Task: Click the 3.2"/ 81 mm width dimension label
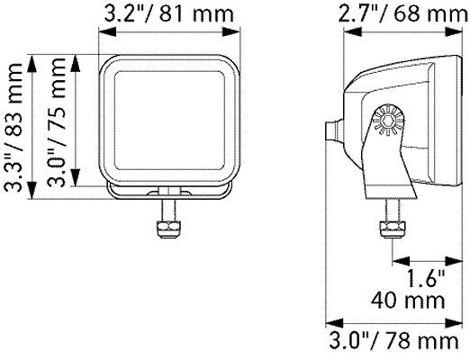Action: point(169,14)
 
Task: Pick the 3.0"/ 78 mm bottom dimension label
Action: point(397,342)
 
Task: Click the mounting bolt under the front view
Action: point(167,221)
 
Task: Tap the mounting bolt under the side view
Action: point(392,220)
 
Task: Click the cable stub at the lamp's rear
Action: point(333,130)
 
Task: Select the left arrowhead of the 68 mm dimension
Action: point(347,31)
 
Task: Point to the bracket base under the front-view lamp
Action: point(169,192)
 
